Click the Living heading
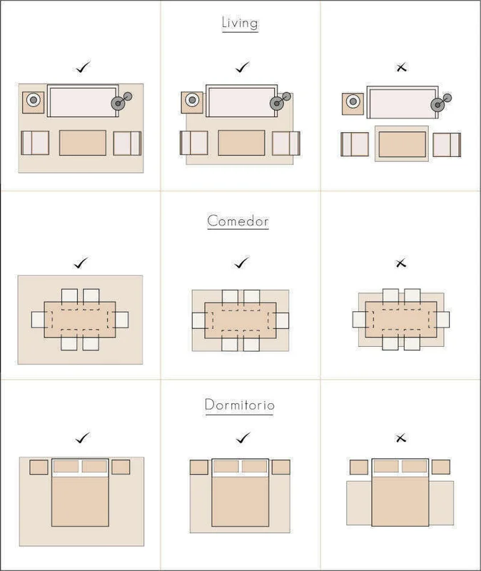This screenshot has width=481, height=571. point(240,23)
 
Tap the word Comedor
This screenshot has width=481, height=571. point(238,221)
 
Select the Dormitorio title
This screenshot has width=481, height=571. point(239,405)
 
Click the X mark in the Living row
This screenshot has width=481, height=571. point(401,67)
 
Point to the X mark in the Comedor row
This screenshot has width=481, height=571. point(400,263)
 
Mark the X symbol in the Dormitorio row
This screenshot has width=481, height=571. point(400,438)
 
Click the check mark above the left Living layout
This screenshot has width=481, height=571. point(83,66)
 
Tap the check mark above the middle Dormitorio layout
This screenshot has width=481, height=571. point(243,438)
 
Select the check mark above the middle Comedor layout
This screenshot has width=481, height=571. point(241,262)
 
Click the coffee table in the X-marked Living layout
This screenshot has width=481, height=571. point(402,144)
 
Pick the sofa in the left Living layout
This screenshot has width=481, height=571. point(83,101)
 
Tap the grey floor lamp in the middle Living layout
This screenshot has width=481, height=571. point(280,101)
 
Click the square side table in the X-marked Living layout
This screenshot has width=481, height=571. point(353,104)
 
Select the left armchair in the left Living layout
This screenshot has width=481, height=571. point(35,143)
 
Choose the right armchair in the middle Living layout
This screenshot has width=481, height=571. point(286,143)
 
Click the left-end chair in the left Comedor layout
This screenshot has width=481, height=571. point(38,319)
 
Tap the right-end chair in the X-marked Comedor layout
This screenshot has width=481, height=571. point(442,319)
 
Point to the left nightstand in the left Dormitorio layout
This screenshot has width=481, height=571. point(39,467)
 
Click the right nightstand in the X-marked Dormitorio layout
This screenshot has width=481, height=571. point(440,467)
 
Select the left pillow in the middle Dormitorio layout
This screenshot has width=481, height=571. point(226,467)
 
